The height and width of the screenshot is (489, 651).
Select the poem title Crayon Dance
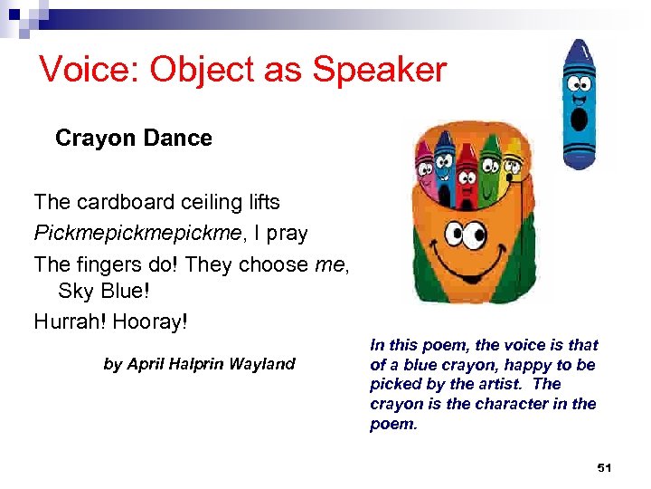pos(133,139)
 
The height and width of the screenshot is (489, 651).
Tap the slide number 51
pos(604,467)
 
